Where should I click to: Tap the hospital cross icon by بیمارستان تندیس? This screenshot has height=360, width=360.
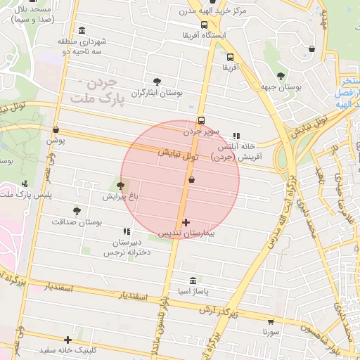click(186, 223)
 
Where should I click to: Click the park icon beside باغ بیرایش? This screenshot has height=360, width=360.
click(122, 186)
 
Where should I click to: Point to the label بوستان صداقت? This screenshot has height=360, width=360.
click(77, 221)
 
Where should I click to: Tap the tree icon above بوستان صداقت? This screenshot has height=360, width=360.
click(77, 211)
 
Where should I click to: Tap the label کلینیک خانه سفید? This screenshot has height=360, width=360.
click(68, 349)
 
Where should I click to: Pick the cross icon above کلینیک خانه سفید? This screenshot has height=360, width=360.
click(67, 340)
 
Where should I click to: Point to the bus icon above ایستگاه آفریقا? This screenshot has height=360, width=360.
click(204, 25)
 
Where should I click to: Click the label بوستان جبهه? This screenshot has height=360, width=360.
click(281, 86)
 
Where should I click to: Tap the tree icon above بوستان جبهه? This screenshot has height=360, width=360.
click(281, 76)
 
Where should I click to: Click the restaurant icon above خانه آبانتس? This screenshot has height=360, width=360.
click(236, 136)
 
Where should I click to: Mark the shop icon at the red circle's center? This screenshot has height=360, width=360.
click(191, 180)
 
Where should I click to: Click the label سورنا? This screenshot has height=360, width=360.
click(271, 330)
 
